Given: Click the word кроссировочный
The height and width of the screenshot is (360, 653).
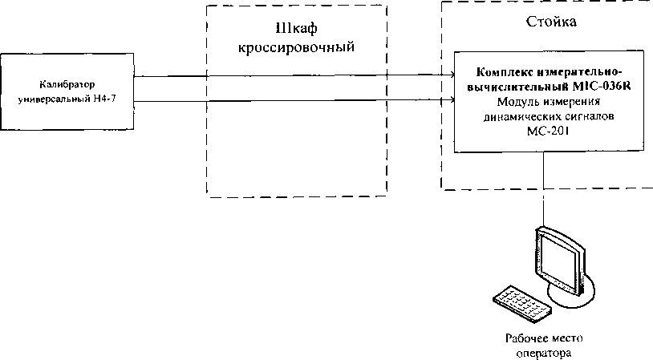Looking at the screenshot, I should pos(297,47).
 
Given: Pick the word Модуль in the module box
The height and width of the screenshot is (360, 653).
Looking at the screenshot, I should pos(517,103).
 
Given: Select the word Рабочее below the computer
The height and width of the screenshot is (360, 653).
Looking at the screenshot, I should pos(525,338).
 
